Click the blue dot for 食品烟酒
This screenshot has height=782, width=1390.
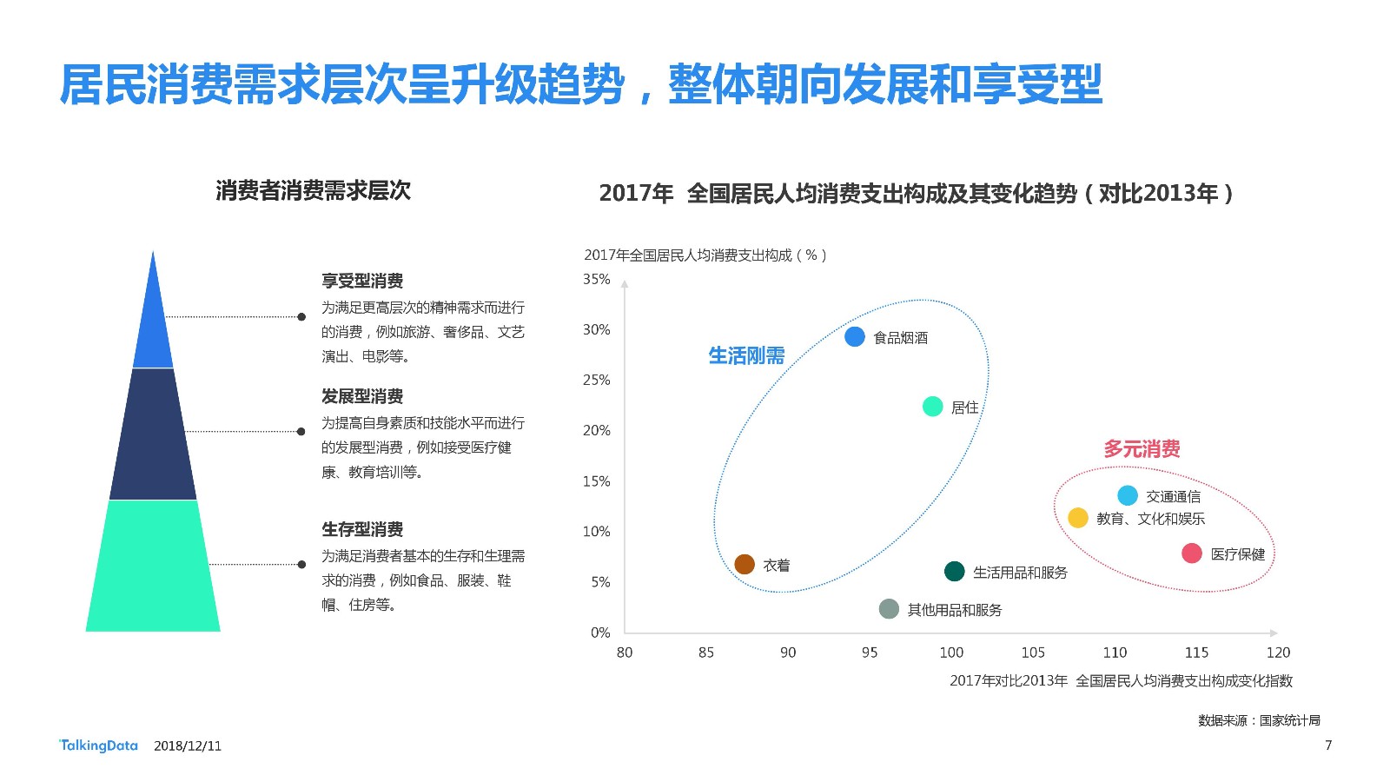[855, 337]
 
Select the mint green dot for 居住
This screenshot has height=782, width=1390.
[932, 407]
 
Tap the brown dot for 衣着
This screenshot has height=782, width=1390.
[745, 564]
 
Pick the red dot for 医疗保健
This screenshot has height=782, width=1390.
[1191, 553]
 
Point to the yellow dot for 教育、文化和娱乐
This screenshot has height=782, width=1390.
[1078, 518]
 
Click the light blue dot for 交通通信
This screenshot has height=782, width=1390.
[1128, 495]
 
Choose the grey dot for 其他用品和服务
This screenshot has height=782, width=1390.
[889, 609]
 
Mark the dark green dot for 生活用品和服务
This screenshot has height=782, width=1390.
[955, 571]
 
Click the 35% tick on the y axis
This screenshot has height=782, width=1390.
[596, 279]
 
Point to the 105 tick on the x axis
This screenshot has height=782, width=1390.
[1033, 653]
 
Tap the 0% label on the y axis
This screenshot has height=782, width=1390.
[600, 633]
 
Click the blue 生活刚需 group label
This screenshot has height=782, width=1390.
[746, 355]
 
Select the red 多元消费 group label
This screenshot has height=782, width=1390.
[1142, 448]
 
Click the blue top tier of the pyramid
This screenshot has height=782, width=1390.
[153, 322]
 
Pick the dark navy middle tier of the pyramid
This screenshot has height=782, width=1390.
[153, 434]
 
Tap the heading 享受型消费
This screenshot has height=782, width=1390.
[362, 281]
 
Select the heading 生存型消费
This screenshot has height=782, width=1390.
[362, 529]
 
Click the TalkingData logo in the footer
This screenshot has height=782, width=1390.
[98, 746]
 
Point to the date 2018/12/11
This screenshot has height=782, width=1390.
[188, 746]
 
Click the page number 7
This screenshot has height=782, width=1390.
[1328, 746]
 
